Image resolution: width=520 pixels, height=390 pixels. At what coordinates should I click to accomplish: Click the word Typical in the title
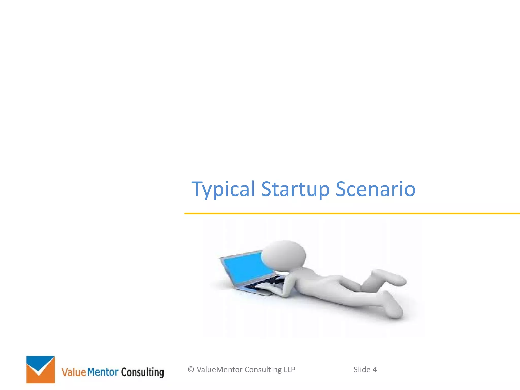(x=223, y=189)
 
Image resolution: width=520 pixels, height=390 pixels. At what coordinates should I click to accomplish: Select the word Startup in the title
(x=295, y=189)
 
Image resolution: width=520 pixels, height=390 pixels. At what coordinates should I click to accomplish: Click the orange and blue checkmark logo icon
(x=41, y=369)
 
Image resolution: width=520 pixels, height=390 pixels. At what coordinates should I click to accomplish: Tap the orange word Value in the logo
(x=74, y=372)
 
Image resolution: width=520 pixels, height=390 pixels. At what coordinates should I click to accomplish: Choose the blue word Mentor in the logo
(x=103, y=372)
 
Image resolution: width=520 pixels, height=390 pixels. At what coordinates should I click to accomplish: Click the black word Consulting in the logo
(x=142, y=372)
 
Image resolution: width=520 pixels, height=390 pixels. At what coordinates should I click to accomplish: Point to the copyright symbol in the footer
(x=191, y=370)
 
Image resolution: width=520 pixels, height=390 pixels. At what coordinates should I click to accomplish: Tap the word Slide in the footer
(x=362, y=370)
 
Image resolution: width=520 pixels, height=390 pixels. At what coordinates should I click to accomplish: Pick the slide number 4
(x=375, y=370)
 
